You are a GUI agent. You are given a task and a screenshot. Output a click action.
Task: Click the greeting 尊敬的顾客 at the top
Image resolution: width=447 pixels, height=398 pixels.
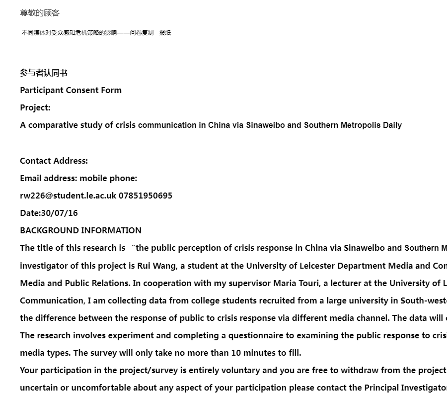pos(40,13)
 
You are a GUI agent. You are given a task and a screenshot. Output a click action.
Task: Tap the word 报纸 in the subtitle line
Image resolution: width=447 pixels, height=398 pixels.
pos(165,33)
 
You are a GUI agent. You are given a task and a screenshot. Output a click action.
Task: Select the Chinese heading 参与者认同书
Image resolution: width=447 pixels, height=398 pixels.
pos(44,73)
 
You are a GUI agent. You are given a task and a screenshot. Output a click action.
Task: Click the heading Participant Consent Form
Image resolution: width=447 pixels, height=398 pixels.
pos(71,90)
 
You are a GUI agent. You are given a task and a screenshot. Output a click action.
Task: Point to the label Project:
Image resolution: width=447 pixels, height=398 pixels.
pos(35,107)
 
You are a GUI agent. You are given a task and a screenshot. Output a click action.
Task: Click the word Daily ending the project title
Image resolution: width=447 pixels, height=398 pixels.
pos(392,125)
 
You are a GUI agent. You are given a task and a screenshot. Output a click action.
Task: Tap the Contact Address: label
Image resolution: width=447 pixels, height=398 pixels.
pos(54,161)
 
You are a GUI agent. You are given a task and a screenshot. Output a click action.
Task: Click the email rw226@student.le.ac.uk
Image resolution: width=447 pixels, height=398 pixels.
pos(68,196)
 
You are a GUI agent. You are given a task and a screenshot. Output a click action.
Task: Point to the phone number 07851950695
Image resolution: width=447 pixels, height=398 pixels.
pos(146,196)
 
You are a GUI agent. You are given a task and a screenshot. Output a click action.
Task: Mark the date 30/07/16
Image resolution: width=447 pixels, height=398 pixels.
pos(60,213)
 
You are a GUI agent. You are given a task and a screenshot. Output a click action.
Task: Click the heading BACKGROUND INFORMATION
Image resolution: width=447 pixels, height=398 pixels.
pos(80,230)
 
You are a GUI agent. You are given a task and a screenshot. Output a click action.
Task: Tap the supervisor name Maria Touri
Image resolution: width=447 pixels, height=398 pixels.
pos(296,283)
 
